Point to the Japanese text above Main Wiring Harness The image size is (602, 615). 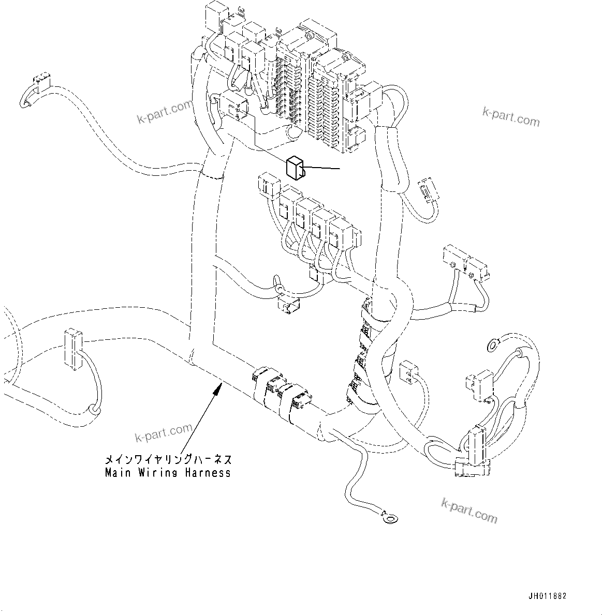click(x=168, y=459)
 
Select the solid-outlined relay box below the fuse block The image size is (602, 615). click(x=295, y=168)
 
